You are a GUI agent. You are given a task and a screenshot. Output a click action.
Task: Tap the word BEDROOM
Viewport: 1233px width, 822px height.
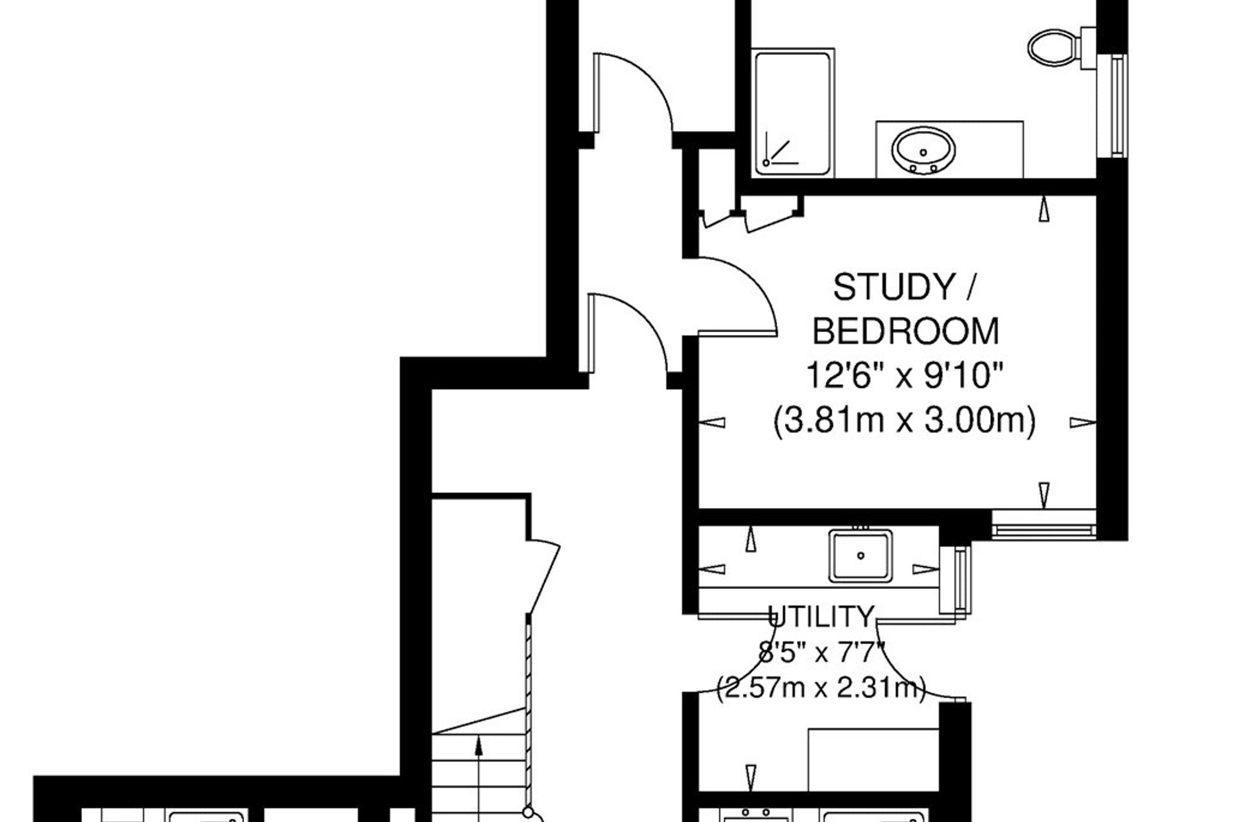[906, 331]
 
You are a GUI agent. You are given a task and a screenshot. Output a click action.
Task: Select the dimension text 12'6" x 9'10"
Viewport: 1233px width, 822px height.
[905, 376]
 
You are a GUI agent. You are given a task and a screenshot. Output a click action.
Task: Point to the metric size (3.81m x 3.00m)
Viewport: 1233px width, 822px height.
[905, 421]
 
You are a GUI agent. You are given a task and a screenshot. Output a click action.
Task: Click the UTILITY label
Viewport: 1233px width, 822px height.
[821, 617]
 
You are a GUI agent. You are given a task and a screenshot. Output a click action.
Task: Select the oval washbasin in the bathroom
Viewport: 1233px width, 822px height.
[923, 150]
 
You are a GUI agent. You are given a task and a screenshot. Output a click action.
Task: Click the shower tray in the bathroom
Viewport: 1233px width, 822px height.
[794, 113]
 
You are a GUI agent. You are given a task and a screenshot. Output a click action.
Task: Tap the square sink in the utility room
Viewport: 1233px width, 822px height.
[861, 555]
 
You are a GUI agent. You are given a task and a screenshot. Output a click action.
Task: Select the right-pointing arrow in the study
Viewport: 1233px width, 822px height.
[1083, 423]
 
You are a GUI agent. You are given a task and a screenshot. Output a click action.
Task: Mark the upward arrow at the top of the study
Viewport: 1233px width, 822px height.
[1044, 209]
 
